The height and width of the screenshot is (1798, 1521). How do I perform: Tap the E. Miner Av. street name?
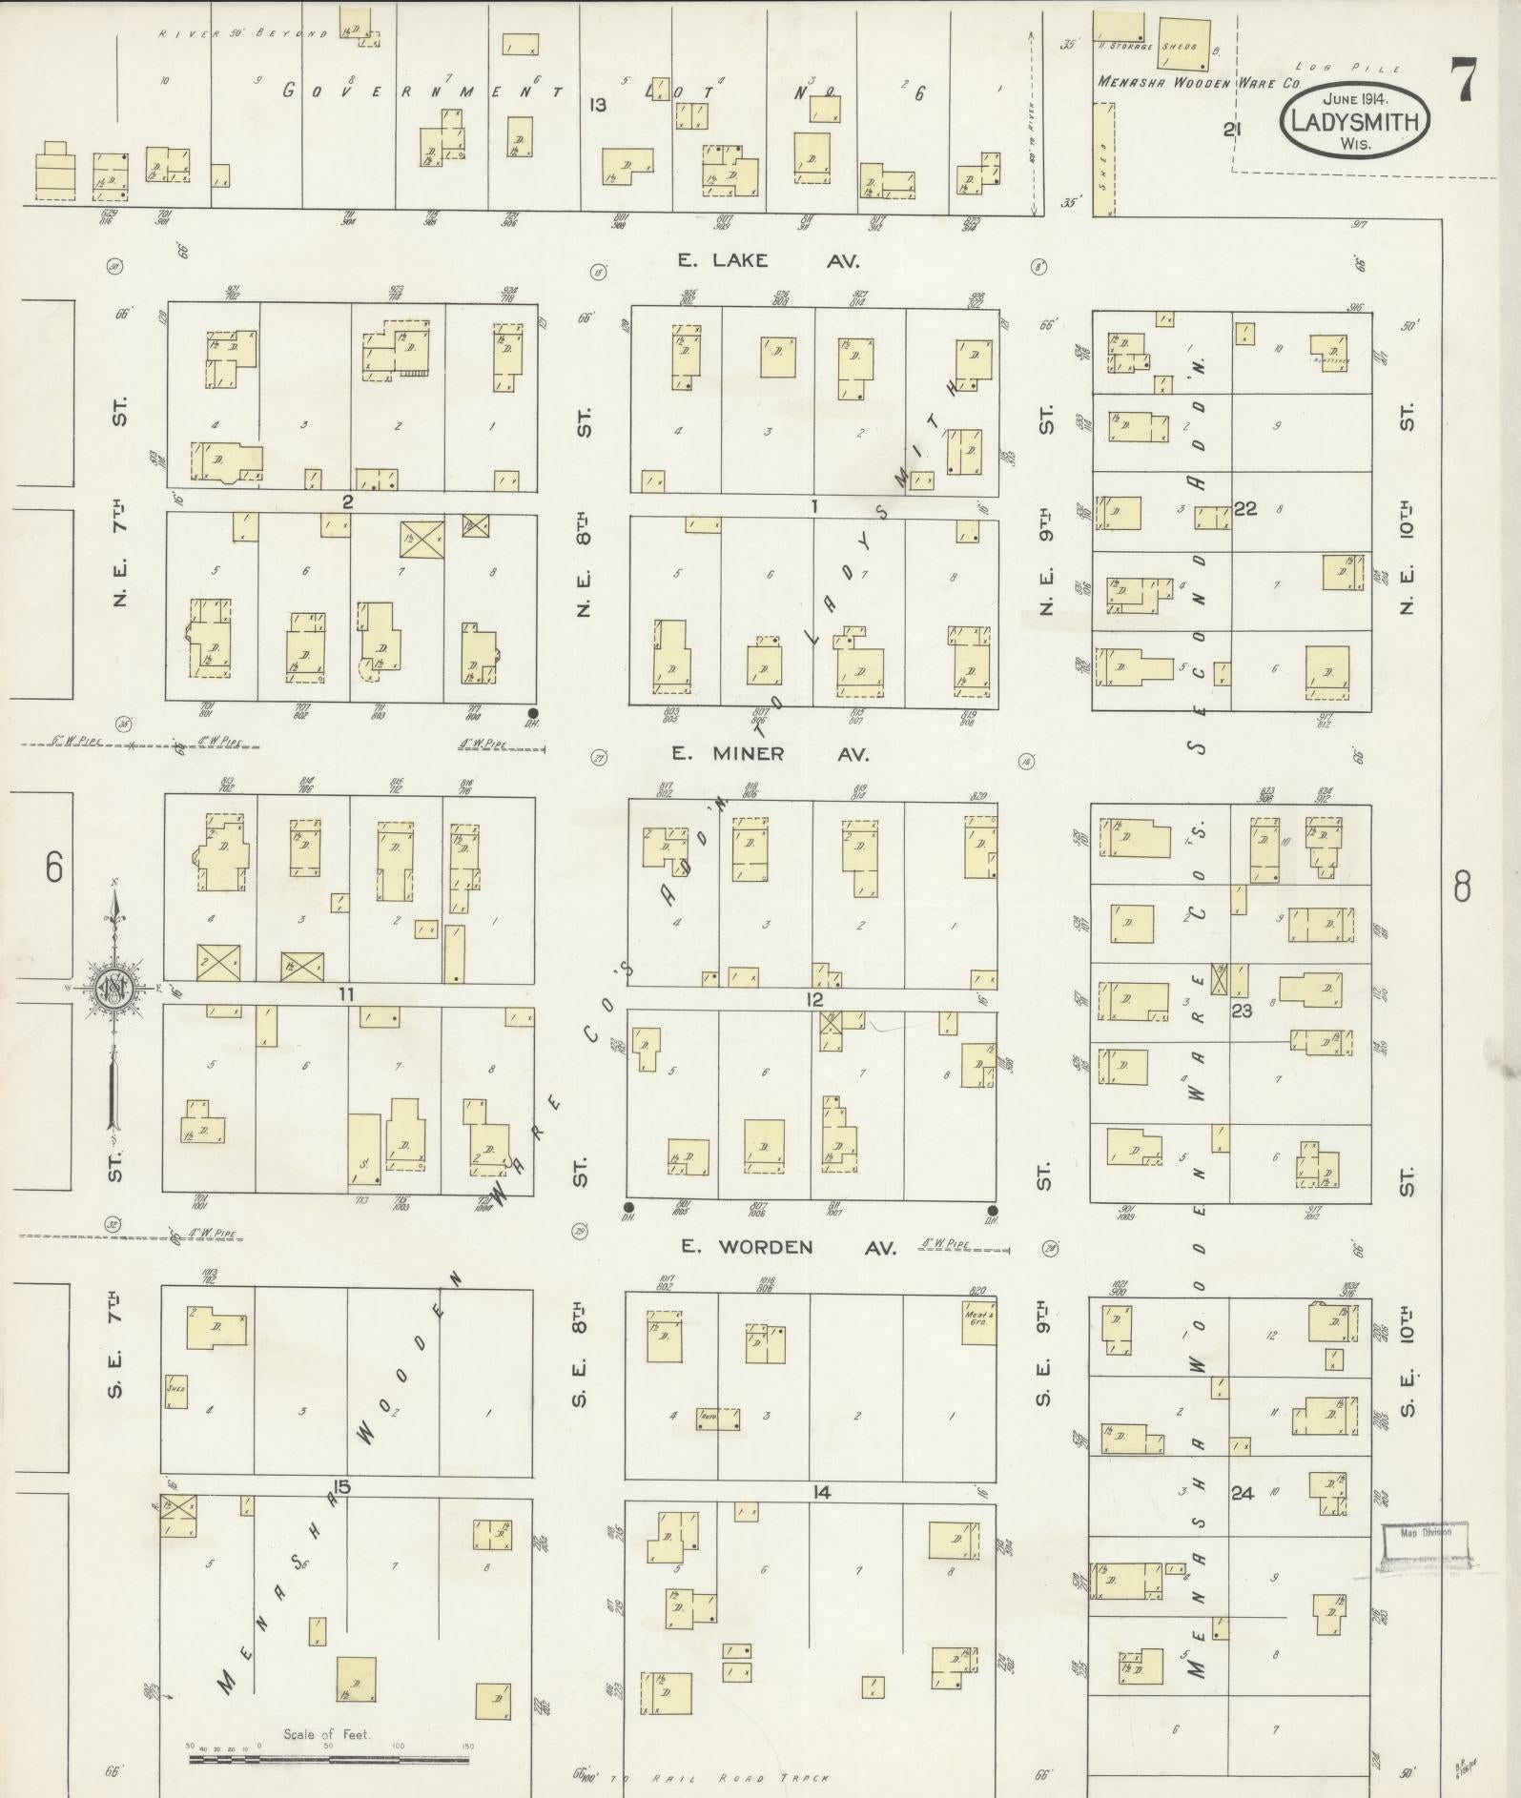(770, 753)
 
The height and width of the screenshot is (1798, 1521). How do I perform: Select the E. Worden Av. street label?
(787, 1246)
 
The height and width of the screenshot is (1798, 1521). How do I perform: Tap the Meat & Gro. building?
(977, 1323)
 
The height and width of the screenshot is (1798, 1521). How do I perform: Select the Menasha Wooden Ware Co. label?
(1200, 82)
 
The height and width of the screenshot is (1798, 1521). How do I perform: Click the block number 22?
(1244, 509)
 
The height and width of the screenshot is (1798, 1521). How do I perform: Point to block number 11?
(345, 994)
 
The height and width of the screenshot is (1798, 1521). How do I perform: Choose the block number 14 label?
(821, 1492)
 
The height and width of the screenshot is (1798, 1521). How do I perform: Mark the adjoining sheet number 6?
(53, 868)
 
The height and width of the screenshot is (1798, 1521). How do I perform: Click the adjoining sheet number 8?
(1461, 889)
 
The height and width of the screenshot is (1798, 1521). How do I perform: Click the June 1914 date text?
(1354, 98)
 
